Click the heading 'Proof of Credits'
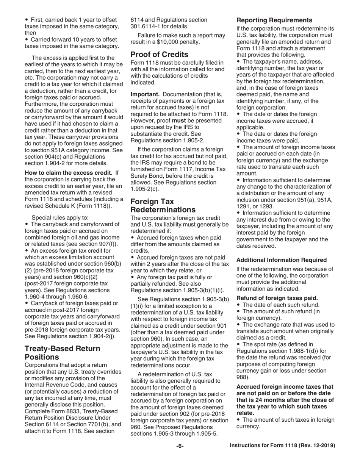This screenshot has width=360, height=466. [x=159, y=54]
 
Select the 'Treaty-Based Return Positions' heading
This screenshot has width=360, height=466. [x=63, y=352]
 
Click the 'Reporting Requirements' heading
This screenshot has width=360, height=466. [x=274, y=20]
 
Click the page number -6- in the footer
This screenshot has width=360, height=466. [x=180, y=446]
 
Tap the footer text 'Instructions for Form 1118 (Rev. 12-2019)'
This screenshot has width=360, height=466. [x=282, y=446]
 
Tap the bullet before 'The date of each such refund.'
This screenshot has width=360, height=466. [x=238, y=305]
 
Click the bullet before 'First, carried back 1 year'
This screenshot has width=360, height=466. [x=27, y=20]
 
